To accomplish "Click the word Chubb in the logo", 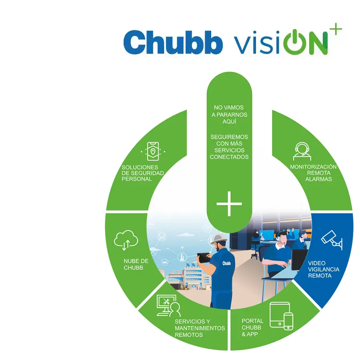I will click(173, 42).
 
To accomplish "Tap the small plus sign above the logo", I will click(337, 30).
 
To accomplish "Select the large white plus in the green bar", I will click(229, 204).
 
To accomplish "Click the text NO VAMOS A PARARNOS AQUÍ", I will click(229, 115).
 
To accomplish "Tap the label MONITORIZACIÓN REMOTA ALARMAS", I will click(313, 173).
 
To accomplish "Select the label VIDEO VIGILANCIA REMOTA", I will click(323, 270).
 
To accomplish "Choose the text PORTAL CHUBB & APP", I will click(252, 328).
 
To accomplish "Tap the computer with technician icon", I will click(168, 306).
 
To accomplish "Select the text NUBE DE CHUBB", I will click(136, 264).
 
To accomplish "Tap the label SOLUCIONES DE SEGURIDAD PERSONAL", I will click(143, 173).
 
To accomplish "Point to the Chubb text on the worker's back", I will click(227, 263).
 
